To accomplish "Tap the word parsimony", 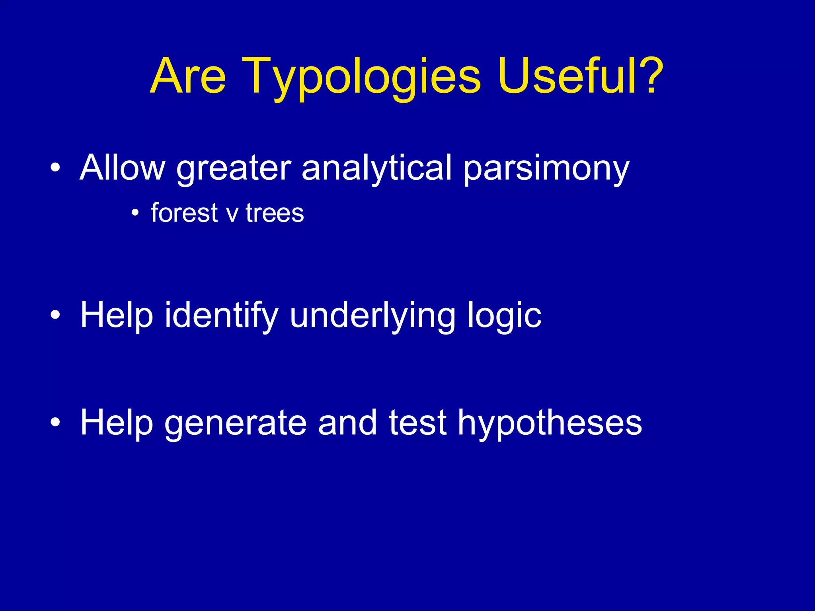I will click(x=547, y=170).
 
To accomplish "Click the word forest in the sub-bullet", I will click(x=184, y=213).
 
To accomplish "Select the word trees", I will click(x=275, y=214).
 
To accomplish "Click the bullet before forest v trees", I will click(x=135, y=214).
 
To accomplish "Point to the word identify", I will click(x=221, y=315).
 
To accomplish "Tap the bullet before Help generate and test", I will click(x=55, y=422).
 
